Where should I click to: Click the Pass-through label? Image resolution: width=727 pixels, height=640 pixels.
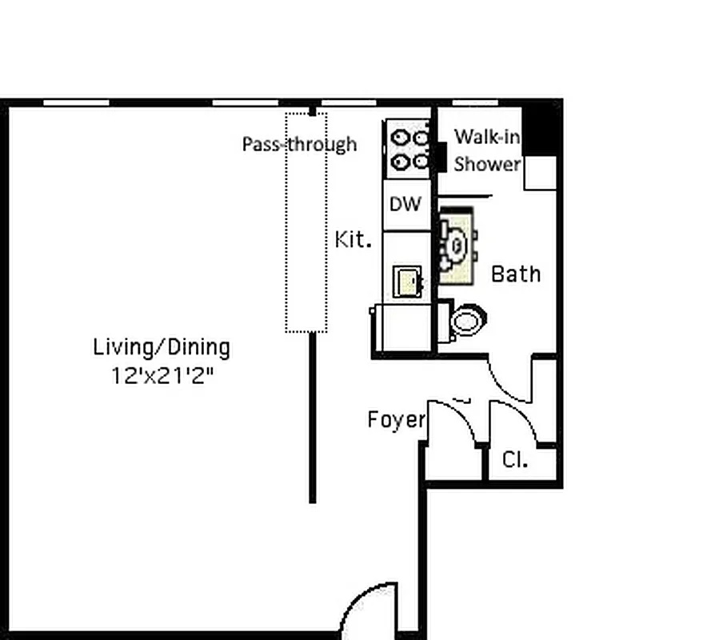point(299,144)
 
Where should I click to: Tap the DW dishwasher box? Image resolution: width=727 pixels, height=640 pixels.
point(405,204)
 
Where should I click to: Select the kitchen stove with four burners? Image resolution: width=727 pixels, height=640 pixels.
point(409,149)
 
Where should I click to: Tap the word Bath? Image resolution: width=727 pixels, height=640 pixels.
point(516,274)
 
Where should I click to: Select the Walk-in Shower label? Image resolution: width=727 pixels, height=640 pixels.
point(488,150)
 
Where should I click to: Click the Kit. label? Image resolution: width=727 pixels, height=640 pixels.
point(353,239)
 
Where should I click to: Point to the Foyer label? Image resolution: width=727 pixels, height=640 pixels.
point(396,419)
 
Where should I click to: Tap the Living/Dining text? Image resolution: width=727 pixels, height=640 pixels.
point(162,348)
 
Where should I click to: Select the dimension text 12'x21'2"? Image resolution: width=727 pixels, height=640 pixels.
point(163,375)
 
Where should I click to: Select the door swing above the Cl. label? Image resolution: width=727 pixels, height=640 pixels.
point(517,419)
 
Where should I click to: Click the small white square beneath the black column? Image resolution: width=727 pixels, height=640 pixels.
point(540,173)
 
